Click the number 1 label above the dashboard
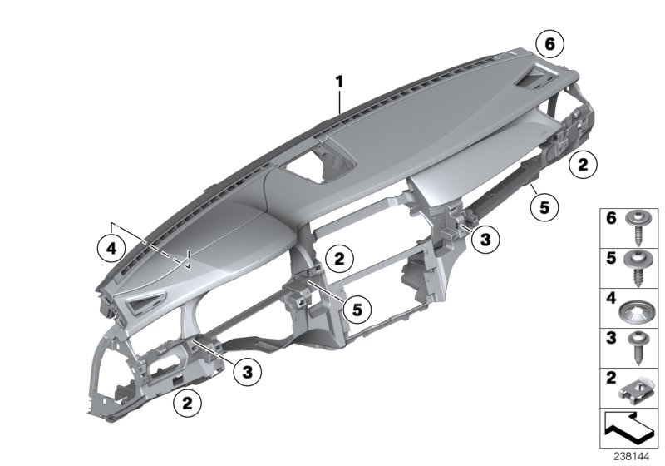(x=339, y=81)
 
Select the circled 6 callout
(x=549, y=42)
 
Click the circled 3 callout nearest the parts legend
(x=485, y=240)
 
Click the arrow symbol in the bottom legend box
(x=628, y=429)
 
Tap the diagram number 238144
(x=635, y=457)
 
